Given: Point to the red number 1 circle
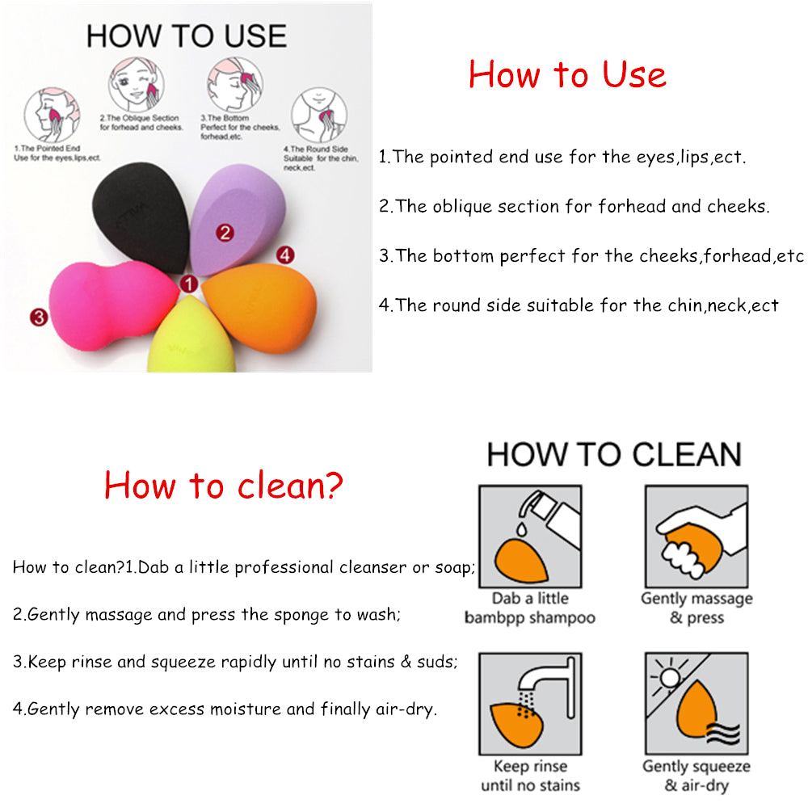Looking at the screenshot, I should coord(188,284).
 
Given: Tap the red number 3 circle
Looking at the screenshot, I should coord(38,317).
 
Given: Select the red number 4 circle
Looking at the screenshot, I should coord(284,255).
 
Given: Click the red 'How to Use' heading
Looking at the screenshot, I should coord(567,74).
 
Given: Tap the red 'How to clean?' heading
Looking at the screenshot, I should coord(224,485).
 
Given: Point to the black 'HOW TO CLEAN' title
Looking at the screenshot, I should coord(614,454).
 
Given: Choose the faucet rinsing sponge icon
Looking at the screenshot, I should coord(529,703).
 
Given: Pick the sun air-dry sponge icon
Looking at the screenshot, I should coord(696,703).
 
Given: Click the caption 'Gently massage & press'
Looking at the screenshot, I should coord(696,608).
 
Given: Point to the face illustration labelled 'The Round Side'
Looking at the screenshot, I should coord(318,113).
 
